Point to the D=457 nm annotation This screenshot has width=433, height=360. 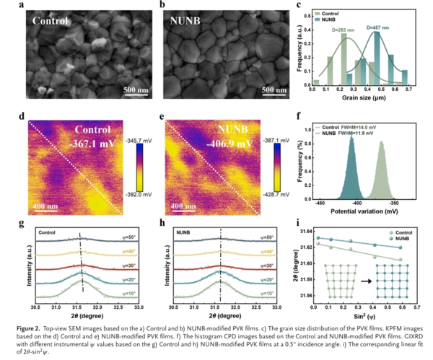pyautogui.click(x=378, y=27)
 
